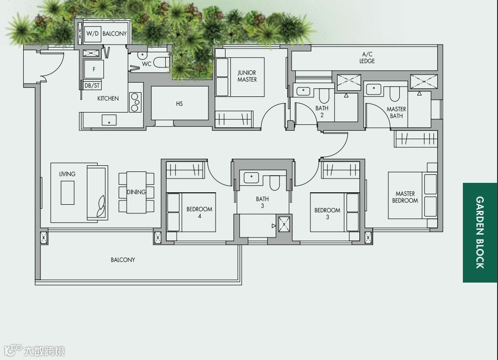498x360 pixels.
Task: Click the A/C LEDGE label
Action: click(367, 57)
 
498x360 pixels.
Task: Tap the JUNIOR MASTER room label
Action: click(247, 76)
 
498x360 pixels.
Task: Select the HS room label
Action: click(179, 104)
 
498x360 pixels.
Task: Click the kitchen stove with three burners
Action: click(135, 102)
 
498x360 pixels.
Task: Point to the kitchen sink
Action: click(109, 121)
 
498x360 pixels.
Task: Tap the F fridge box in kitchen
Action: click(94, 69)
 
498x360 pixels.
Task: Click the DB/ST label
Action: click(92, 85)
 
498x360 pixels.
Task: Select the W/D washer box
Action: click(93, 33)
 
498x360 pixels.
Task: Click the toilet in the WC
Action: click(162, 63)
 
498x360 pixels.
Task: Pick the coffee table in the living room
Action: click(67, 192)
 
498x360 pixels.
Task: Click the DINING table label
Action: click(136, 192)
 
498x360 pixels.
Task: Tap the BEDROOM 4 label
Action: click(199, 213)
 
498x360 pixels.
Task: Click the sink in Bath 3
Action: click(251, 177)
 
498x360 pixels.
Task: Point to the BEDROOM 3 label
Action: click(327, 214)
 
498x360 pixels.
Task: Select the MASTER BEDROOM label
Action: click(405, 197)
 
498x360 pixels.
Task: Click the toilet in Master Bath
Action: click(395, 92)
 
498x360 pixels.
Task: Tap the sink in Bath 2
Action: click(304, 91)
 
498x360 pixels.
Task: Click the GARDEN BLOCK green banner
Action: click(480, 233)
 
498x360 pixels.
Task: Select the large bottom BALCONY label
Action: click(122, 260)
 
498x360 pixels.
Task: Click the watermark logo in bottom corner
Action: click(34, 351)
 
